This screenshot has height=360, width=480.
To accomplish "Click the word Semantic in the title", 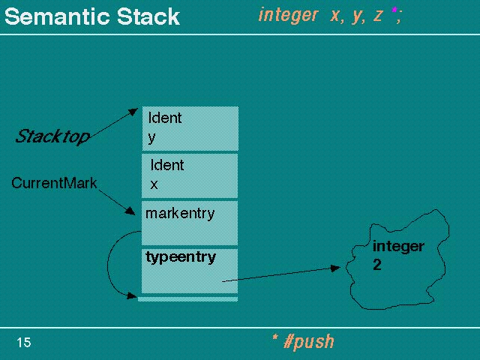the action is click(x=58, y=16).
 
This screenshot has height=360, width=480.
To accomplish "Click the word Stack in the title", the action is click(x=148, y=16).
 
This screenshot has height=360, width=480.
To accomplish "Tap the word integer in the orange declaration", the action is click(x=288, y=15).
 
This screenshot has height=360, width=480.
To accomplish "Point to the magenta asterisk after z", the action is click(x=394, y=10).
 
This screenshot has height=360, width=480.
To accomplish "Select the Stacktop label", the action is click(x=52, y=136).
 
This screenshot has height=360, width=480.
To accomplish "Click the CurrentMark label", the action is click(x=54, y=183).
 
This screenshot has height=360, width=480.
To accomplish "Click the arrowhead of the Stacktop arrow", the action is click(x=133, y=112).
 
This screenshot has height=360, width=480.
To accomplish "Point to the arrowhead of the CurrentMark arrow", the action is click(x=130, y=211).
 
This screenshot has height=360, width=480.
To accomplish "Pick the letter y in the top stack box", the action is click(x=151, y=138).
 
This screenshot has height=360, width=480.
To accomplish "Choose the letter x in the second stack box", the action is click(x=154, y=184).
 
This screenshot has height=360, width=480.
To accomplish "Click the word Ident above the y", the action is click(x=165, y=118).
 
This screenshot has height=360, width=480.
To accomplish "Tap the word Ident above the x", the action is click(x=167, y=165).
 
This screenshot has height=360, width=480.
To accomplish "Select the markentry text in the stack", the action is click(x=180, y=213).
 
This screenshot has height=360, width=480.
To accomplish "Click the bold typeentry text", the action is click(x=181, y=257).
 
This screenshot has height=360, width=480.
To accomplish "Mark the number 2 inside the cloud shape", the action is click(x=377, y=265).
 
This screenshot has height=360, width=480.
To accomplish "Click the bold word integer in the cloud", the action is click(x=398, y=247).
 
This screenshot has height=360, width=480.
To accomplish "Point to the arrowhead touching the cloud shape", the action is click(x=335, y=268).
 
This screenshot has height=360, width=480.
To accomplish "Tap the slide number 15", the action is click(x=24, y=343).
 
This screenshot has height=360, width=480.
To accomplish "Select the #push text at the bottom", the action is click(x=309, y=342).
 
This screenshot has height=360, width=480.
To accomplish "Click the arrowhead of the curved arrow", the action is click(x=132, y=295).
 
